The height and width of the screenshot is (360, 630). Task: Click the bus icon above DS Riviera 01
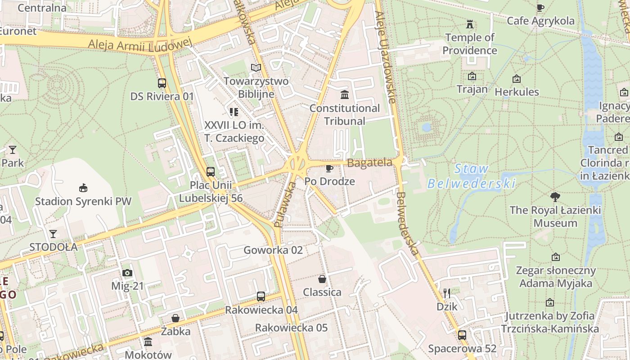click(x=162, y=83)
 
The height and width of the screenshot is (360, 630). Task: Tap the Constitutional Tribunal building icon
click(x=345, y=94)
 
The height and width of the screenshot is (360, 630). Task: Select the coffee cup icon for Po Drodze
click(x=329, y=168)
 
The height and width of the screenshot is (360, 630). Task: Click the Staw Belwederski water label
click(x=471, y=176)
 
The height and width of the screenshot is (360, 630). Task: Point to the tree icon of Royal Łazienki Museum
click(x=555, y=197)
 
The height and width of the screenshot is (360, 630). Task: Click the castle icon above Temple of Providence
click(x=470, y=23)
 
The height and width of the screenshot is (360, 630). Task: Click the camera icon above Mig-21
click(x=127, y=273)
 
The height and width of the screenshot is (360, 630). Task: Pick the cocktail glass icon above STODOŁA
click(x=53, y=234)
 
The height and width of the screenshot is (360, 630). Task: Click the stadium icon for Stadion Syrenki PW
click(x=83, y=188)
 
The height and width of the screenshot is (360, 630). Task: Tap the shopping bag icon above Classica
click(x=322, y=279)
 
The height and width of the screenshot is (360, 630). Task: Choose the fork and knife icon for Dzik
click(x=447, y=293)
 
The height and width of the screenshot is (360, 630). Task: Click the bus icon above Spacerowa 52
click(x=462, y=335)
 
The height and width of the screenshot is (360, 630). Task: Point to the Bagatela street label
click(x=370, y=163)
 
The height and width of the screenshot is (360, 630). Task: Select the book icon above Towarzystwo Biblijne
click(x=256, y=68)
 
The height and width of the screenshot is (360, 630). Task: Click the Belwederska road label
click(x=408, y=224)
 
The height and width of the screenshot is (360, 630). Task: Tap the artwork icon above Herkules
click(x=517, y=79)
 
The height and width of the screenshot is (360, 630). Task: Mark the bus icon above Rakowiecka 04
click(x=261, y=297)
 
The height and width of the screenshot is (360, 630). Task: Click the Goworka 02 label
click(x=273, y=250)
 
